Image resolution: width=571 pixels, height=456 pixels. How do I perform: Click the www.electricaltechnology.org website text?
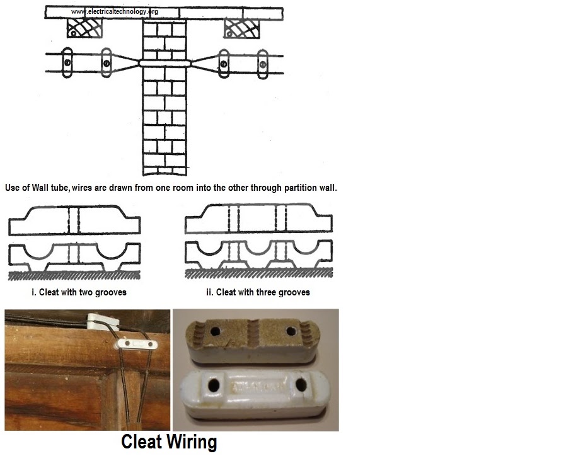pos(114,11)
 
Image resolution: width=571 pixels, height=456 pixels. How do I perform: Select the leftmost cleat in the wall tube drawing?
pos(66,63)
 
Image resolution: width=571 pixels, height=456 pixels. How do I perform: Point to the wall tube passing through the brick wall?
pos(164,63)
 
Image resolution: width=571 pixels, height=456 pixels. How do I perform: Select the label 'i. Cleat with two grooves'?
pos(79,292)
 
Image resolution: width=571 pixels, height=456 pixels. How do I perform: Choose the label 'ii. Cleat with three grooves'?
pos(258,292)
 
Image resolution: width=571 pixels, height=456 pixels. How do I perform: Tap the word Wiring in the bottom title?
pos(192,442)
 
